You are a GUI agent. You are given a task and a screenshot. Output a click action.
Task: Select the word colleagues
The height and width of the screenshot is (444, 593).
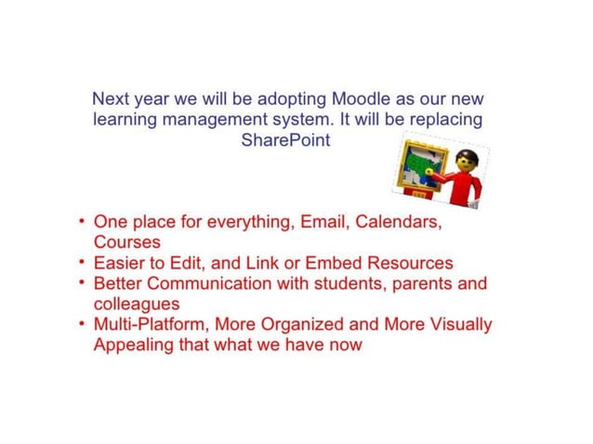point(137,303)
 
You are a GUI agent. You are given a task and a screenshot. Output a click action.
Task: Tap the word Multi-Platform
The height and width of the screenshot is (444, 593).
point(152,324)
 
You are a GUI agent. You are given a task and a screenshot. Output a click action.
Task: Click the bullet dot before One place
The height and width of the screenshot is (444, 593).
point(84,223)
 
